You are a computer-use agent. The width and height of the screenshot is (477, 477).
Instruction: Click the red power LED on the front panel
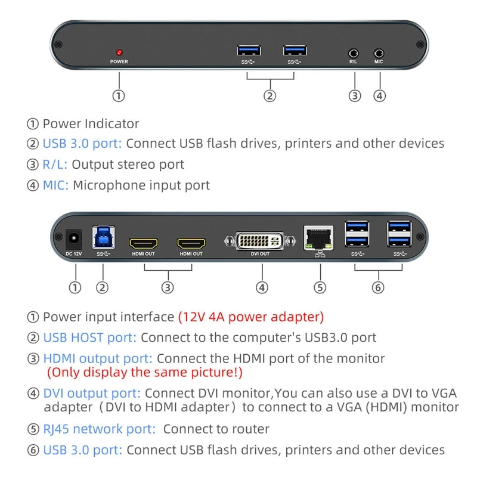119,52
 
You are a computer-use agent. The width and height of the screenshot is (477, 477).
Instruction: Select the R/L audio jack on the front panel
354,52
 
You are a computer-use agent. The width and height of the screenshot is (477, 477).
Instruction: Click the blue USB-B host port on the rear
102,237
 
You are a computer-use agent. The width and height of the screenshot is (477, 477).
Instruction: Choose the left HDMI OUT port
144,243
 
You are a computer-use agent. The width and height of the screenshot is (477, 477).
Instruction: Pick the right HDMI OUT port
191,243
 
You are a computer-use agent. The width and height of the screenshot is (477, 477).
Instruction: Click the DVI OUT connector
261,241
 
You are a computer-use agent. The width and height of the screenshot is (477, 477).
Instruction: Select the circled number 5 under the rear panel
320,287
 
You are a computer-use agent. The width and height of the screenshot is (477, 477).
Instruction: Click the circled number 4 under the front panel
379,95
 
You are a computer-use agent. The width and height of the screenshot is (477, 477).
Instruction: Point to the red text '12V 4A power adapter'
251,317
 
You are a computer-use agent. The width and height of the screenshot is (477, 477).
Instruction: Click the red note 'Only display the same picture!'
145,373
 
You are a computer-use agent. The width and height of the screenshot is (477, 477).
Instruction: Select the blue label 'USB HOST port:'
89,337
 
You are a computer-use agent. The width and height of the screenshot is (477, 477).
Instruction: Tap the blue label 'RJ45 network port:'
99,429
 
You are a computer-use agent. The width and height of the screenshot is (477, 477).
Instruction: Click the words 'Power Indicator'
91,124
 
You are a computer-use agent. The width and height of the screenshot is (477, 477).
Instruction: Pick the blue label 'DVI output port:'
92,394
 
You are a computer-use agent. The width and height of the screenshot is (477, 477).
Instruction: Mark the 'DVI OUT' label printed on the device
261,254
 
